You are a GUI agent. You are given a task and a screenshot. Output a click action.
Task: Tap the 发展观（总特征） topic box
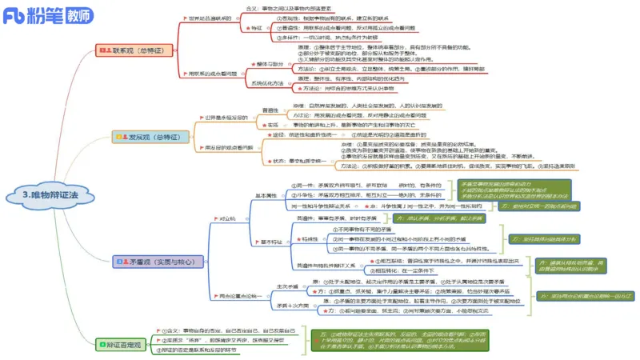(147, 138)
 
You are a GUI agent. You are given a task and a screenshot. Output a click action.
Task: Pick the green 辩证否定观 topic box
(122, 345)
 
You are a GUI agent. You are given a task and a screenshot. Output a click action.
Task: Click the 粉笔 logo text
(41, 14)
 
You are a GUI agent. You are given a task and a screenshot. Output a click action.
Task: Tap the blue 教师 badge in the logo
(77, 14)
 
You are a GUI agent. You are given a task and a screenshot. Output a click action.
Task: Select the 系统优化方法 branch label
(269, 83)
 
